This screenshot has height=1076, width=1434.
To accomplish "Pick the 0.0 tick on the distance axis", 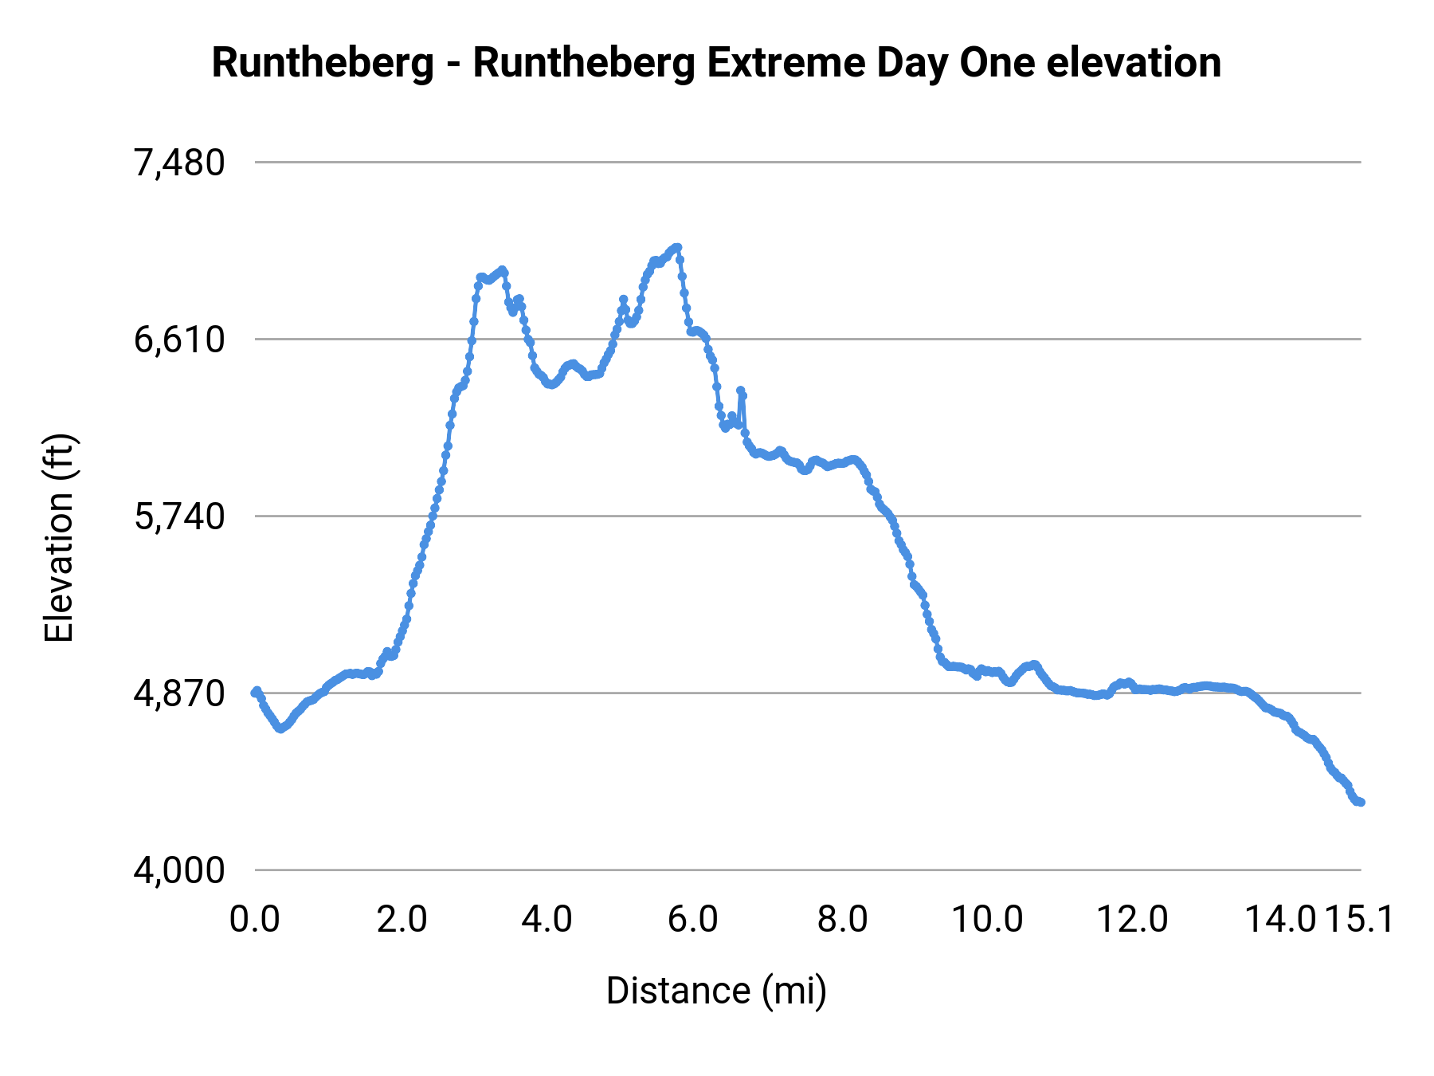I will pos(255,920).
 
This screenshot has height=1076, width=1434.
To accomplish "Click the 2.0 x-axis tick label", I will pos(402,920).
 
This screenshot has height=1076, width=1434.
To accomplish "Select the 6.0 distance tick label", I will pos(693,920).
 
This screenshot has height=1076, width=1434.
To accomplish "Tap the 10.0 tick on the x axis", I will pos(988,920).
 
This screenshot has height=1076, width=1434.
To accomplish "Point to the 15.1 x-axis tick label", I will pos(1360,920).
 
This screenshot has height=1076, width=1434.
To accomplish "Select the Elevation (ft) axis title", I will pos(59,538).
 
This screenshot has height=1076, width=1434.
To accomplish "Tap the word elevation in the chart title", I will pos(1134,63).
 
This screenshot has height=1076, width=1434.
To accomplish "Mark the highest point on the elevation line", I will pos(678,247).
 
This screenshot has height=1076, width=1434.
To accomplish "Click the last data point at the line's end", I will pos(1362,802).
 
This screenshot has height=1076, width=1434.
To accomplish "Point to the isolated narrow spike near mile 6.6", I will pos(741,391).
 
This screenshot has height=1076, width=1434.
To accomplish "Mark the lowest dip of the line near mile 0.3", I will pos(280,728).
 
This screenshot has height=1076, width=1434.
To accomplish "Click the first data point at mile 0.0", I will pos(255,692).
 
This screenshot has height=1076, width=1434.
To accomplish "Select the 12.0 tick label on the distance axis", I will pos(1133,920).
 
